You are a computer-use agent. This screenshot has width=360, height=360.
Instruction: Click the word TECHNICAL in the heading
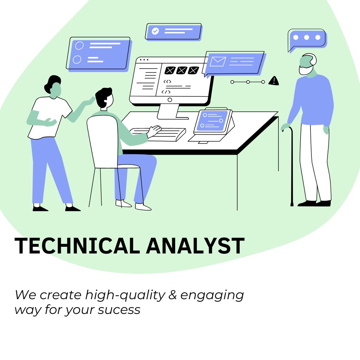(x=77, y=245)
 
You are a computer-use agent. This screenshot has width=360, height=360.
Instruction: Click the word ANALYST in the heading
(x=195, y=245)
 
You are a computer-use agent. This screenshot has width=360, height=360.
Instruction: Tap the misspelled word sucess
(x=119, y=310)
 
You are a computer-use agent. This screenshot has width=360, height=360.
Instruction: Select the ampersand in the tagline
(x=173, y=295)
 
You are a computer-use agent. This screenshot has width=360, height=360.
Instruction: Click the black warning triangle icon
(x=274, y=81)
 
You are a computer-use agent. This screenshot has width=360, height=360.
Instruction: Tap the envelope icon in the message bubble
(x=218, y=62)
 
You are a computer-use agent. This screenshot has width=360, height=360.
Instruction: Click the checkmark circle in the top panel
(x=155, y=31)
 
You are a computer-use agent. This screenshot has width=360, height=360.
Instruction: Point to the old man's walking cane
(x=291, y=165)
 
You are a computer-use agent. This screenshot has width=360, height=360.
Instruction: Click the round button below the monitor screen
(x=170, y=100)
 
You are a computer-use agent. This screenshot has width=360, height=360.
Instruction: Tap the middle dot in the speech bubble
(x=307, y=37)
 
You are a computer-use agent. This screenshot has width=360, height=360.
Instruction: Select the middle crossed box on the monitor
(x=181, y=70)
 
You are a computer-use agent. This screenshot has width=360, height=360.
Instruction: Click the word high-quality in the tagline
(x=125, y=295)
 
